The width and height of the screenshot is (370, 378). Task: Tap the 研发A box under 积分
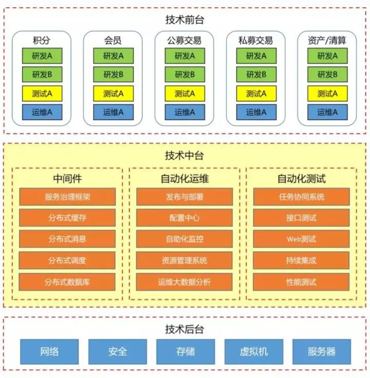42,56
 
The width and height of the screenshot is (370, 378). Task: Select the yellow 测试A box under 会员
113,93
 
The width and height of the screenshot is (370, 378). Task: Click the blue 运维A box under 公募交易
184,112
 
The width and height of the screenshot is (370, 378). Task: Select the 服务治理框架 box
67,197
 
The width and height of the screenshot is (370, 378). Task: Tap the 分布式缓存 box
67,218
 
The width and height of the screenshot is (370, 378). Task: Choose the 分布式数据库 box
67,282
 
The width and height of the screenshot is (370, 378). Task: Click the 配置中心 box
184,218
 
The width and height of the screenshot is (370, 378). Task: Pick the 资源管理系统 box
184,260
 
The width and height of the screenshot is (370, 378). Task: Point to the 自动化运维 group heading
184,179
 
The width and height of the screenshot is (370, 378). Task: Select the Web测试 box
301,239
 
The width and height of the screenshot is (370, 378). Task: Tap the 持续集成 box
301,260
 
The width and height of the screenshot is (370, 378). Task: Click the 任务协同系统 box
301,197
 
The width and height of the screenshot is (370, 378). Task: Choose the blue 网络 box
49,352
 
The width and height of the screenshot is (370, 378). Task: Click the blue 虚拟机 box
254,352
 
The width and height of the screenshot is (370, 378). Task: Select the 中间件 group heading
67,179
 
